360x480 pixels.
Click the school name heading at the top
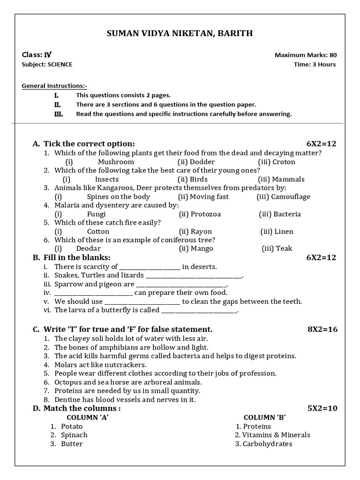point(180,33)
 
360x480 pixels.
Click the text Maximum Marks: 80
point(305,55)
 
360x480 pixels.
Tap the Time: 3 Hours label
point(315,65)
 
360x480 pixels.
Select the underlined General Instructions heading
point(54,86)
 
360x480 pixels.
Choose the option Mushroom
point(116,162)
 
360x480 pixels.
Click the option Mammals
point(288,179)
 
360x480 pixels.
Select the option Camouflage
point(290,197)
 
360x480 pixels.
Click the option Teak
point(284,249)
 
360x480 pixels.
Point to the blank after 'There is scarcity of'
point(150,267)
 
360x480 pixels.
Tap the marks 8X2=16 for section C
point(322,330)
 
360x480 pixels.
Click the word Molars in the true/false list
point(66,365)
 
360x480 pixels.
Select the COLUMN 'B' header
point(265,418)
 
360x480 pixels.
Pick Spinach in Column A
point(74,435)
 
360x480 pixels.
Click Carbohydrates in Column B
point(267,444)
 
